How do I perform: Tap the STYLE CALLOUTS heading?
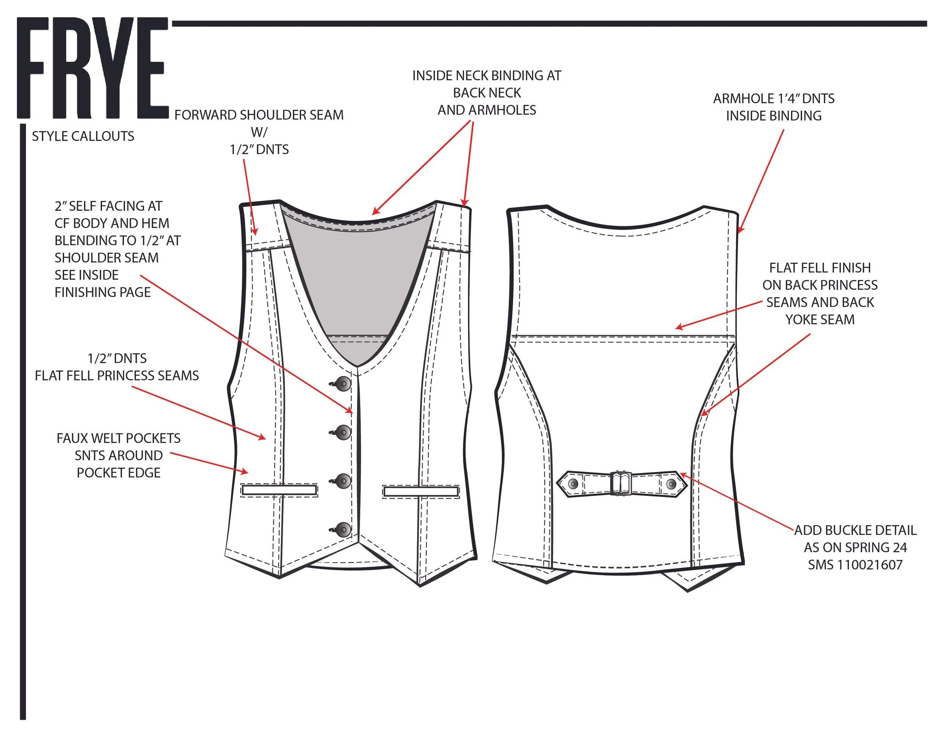click(83, 136)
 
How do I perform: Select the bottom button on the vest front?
click(344, 530)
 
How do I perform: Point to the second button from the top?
click(344, 433)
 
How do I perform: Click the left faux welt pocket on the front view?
click(279, 491)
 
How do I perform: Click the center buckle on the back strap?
click(621, 483)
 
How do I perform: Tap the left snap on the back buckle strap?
click(573, 484)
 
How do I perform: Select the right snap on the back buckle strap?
click(671, 484)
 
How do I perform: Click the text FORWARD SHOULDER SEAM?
click(259, 115)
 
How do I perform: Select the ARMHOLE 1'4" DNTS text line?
click(774, 99)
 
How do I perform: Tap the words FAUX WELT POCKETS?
click(118, 439)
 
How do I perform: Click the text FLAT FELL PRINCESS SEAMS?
click(117, 376)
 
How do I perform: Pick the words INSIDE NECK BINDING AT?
click(487, 76)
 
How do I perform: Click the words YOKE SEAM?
click(819, 319)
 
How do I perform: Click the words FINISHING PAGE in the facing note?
click(102, 292)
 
